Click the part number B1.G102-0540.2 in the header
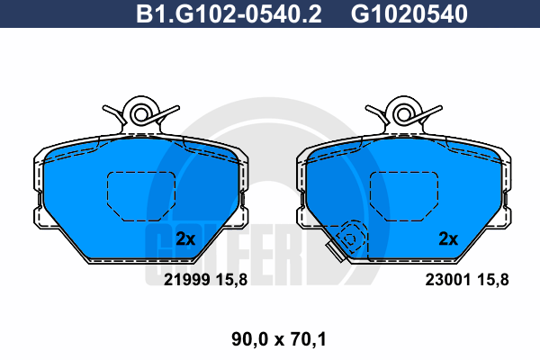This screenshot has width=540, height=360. [229, 13]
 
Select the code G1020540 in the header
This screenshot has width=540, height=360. [409, 13]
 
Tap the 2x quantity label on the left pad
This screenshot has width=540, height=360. [185, 238]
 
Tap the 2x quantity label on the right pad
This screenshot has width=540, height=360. [448, 238]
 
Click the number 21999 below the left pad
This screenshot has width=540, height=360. [186, 280]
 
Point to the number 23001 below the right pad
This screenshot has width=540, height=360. [448, 280]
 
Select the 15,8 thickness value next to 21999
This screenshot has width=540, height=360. [231, 280]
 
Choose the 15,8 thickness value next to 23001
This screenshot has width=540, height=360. [493, 280]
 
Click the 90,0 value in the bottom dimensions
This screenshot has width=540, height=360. [249, 339]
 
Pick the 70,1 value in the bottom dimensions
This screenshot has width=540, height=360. [309, 339]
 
